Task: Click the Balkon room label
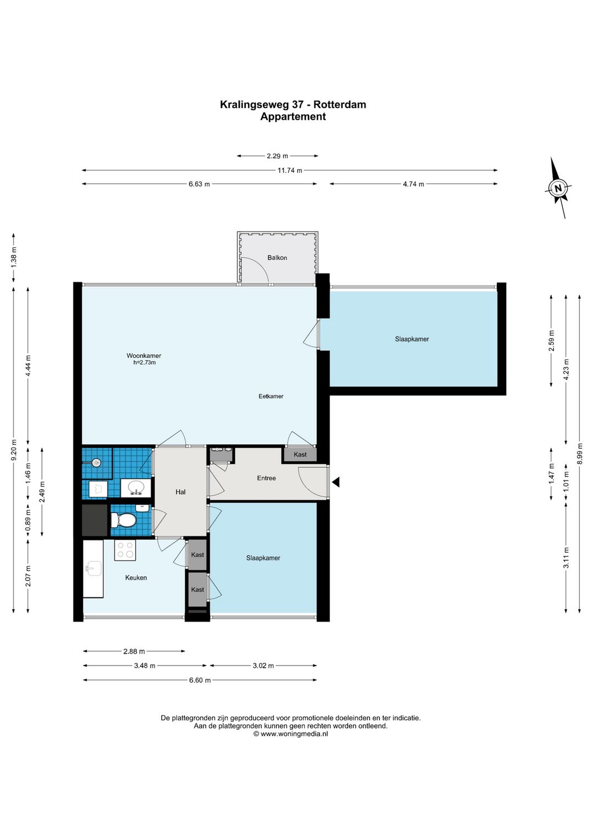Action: (277, 258)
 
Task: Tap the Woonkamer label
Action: (144, 356)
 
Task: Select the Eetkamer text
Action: (271, 396)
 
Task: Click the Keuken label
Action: (136, 578)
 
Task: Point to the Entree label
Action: (266, 478)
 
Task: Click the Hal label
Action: (180, 492)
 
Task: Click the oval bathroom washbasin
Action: (136, 488)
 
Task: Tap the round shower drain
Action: (97, 463)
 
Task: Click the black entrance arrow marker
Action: (335, 482)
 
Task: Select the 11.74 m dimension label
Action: (289, 171)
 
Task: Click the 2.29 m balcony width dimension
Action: (277, 156)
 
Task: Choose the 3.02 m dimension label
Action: (263, 666)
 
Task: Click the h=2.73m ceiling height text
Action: (144, 362)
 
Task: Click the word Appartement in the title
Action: (293, 117)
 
